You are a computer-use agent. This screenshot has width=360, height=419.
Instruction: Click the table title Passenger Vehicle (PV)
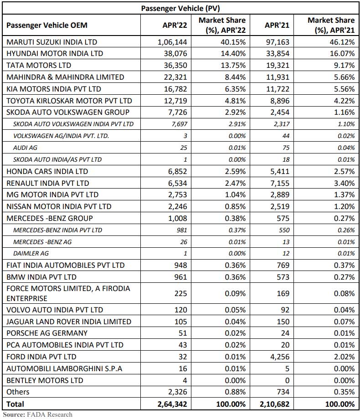[181, 8]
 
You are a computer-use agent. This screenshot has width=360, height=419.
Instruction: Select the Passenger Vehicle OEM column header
[47, 25]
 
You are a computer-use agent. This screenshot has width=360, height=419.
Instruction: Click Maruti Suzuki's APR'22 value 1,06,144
[172, 42]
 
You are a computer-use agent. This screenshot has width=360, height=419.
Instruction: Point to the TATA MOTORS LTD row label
[39, 65]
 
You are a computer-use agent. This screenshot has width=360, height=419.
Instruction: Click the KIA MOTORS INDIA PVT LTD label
[54, 89]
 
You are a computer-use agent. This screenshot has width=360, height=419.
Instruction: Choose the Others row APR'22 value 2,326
[176, 392]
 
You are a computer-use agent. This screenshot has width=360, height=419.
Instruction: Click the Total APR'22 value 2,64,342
[172, 404]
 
